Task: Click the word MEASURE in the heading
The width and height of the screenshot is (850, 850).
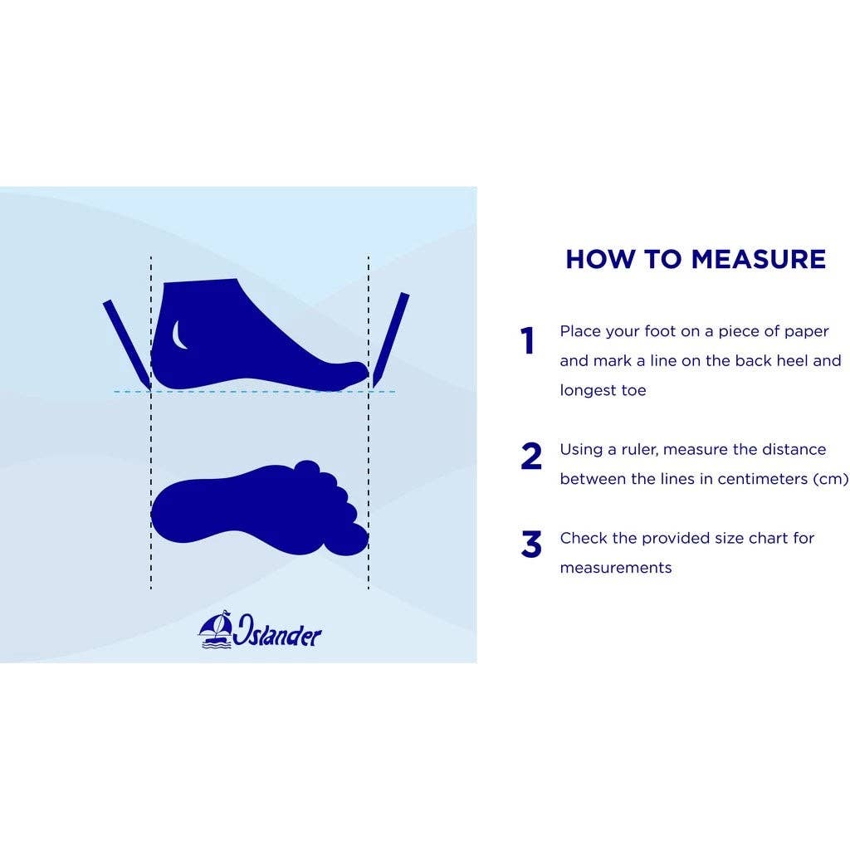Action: point(759,259)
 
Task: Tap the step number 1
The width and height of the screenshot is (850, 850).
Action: point(527,340)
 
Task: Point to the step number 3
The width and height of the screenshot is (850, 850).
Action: point(531,545)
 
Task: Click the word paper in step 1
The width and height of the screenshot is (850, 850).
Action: point(807,332)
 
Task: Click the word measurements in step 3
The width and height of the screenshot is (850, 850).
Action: point(616,568)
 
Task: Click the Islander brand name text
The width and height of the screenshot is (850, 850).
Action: point(277,631)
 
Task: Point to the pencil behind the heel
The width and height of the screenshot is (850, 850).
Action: point(127,344)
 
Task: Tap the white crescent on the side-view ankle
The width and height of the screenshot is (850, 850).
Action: point(178,335)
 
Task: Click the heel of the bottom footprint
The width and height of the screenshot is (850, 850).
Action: point(173,511)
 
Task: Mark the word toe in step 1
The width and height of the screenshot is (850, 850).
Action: point(633,391)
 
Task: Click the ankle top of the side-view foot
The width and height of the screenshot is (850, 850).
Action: point(201,281)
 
